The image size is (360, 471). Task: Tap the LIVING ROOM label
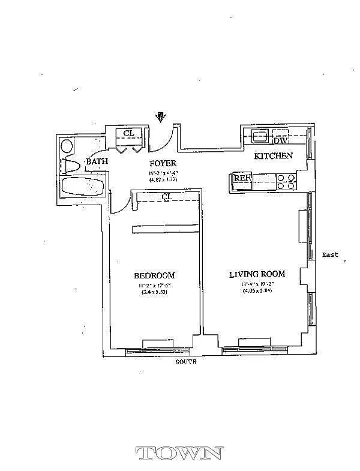(257, 274)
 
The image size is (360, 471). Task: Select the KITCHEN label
(274, 156)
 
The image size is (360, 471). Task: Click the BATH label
(97, 161)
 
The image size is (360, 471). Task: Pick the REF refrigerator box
(242, 178)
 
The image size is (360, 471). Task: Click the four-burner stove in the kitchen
(287, 181)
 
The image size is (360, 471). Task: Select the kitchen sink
(260, 136)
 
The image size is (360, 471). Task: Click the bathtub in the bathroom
(84, 187)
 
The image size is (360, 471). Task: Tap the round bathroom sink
(67, 146)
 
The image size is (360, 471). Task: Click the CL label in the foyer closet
(129, 133)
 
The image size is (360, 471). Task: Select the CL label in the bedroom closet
(167, 196)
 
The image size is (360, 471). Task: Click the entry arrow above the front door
(161, 116)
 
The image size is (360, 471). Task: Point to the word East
(330, 254)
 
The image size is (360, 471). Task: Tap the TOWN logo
(180, 453)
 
